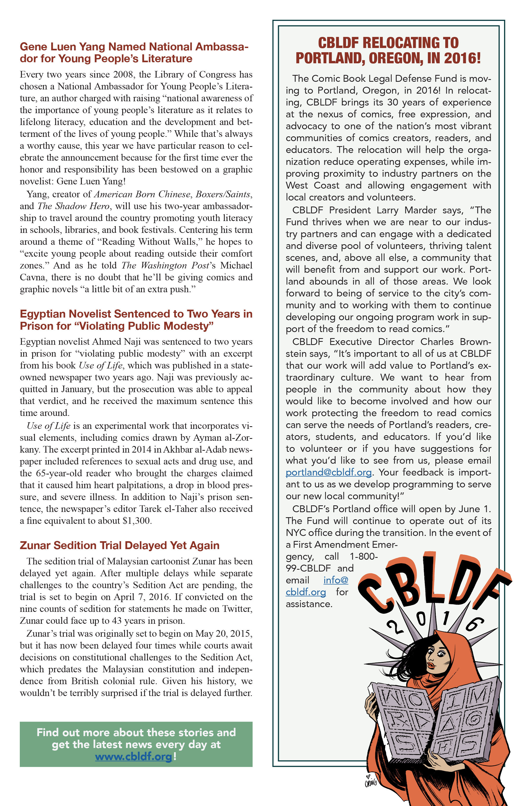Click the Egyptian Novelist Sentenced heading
pos(136,320)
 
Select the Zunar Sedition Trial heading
pos(119,545)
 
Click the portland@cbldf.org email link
pos(328,472)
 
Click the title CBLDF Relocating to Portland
pos(388,50)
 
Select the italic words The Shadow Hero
pos(73,206)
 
